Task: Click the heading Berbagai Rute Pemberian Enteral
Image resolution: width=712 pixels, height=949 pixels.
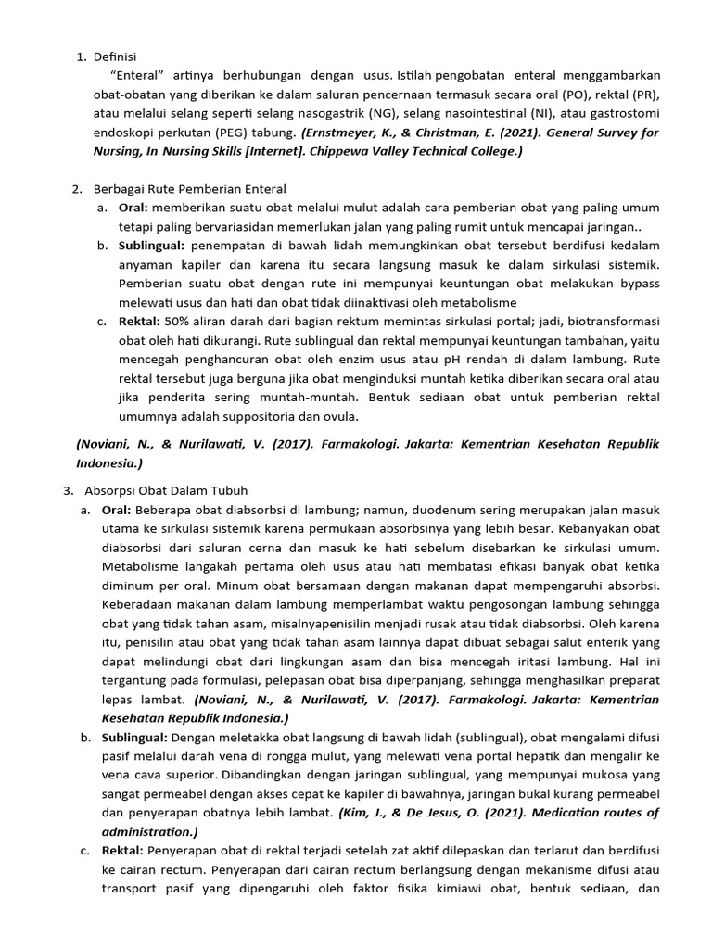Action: pos(190,189)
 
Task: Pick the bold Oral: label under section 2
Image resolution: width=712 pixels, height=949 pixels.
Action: pos(133,208)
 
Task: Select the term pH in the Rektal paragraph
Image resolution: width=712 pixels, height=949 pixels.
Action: pos(493,359)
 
